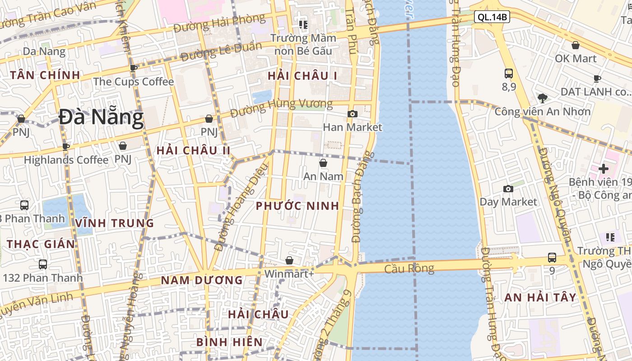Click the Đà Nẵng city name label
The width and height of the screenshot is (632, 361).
point(101,117)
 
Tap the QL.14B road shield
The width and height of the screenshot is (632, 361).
point(493,18)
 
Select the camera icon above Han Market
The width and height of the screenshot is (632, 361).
point(353,114)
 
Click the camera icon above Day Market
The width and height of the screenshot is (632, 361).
point(508,189)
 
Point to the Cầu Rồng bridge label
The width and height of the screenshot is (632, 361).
point(409,269)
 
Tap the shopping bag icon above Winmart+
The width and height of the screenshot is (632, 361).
point(289,260)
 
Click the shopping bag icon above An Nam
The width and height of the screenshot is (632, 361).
point(323,163)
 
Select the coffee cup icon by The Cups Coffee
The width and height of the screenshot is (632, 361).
point(133,68)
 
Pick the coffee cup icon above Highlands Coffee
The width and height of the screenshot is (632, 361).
point(66,146)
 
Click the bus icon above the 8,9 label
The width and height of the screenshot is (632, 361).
point(509,73)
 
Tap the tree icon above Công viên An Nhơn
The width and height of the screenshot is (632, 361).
point(543,97)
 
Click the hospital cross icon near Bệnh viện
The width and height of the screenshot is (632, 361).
point(604,169)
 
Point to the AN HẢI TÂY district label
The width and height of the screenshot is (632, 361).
point(540,297)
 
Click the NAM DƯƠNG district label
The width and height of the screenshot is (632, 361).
point(202,280)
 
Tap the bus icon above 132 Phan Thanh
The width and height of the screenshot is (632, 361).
point(43,264)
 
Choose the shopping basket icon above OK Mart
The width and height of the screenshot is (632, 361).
point(576,45)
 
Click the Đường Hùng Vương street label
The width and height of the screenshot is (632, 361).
point(281,107)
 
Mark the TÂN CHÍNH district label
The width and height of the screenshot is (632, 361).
point(45,75)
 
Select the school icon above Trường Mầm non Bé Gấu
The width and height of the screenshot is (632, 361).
point(303,24)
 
